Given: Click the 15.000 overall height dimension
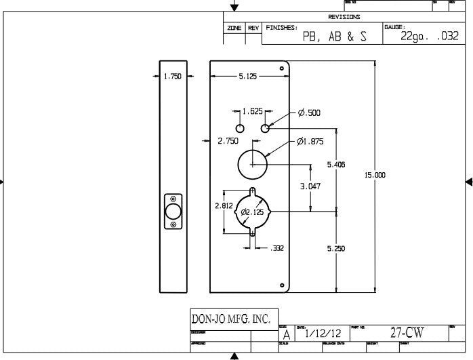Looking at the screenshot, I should (x=375, y=175).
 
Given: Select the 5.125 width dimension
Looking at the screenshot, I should (x=247, y=77).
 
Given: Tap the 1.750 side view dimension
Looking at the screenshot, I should (x=173, y=77).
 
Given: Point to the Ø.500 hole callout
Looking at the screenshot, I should (x=309, y=113).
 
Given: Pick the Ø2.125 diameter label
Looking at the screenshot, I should (x=251, y=212).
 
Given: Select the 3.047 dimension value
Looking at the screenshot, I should (x=311, y=186).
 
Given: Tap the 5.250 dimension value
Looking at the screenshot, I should (x=337, y=249).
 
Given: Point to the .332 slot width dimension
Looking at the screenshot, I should (x=277, y=249).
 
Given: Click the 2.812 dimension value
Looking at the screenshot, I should (x=224, y=205).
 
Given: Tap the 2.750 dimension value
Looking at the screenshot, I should (x=227, y=141).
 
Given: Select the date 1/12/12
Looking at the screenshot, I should (x=323, y=334).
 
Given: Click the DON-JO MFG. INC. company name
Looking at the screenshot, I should (x=231, y=319).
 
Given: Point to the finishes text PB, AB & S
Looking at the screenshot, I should (x=334, y=37).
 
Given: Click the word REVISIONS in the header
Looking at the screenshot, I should (x=344, y=17).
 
